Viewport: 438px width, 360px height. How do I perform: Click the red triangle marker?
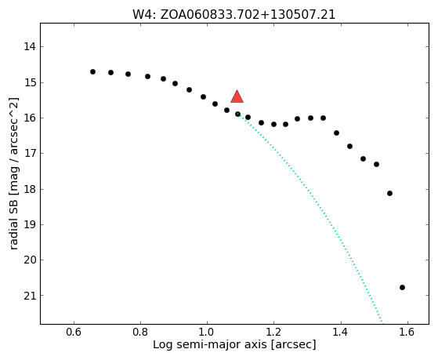(237, 96)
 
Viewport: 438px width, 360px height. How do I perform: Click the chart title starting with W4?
(233, 15)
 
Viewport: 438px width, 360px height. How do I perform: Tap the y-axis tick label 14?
(30, 46)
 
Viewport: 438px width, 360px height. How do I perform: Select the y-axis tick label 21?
(30, 296)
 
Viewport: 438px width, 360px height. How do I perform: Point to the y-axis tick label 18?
(30, 189)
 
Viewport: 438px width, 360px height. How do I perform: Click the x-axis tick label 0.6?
(74, 332)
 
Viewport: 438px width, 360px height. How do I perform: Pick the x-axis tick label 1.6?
(407, 332)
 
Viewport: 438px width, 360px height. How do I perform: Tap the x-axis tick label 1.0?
(208, 332)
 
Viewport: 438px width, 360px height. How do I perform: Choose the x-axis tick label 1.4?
(341, 332)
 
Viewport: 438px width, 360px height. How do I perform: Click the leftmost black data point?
(92, 72)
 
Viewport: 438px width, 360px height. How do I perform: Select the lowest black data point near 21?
(402, 287)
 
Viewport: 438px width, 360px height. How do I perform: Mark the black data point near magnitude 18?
(389, 193)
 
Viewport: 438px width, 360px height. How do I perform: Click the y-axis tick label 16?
(30, 118)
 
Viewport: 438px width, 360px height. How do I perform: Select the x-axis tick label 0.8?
(140, 332)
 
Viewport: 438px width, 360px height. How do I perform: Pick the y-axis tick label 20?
(30, 260)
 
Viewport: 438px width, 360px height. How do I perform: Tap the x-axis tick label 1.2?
(274, 332)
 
